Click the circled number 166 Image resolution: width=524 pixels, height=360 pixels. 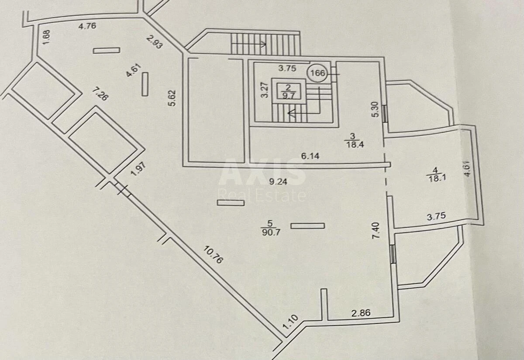point(317,73)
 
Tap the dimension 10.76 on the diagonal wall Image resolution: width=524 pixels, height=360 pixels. point(213,255)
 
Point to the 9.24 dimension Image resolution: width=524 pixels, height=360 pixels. point(278,182)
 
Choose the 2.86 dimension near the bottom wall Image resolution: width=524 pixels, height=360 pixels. point(361,313)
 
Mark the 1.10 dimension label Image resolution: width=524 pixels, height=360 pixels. point(290,322)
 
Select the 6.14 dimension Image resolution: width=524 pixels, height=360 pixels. point(310,156)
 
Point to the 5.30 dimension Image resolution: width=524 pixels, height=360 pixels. point(375,109)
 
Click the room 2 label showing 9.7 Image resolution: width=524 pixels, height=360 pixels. point(288,92)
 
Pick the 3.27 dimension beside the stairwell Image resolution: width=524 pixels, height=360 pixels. point(265,90)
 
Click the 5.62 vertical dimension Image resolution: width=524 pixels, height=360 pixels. point(172,98)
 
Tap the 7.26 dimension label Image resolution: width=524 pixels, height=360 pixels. point(100,94)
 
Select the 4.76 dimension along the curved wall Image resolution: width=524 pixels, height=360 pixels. point(87,26)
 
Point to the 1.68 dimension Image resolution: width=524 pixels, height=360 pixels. point(46,37)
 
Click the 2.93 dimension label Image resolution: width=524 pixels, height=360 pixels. point(154,41)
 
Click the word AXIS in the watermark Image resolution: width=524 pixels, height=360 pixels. point(262,172)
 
